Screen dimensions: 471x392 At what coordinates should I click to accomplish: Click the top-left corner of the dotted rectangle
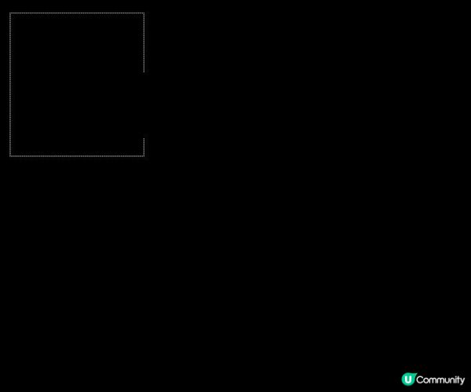coord(10,13)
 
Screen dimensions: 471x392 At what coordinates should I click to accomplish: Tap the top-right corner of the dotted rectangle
coord(144,13)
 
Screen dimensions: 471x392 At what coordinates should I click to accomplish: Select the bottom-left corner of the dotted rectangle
coord(10,156)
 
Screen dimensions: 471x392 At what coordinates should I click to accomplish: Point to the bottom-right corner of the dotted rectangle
coord(144,156)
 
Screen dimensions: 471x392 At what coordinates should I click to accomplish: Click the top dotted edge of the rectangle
coord(77,13)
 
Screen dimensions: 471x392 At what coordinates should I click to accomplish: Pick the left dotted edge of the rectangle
coord(10,85)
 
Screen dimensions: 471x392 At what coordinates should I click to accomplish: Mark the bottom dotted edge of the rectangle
coord(77,156)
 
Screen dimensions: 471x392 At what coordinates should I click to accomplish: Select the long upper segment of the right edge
coord(144,42)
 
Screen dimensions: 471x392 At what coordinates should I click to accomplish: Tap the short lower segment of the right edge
coord(144,148)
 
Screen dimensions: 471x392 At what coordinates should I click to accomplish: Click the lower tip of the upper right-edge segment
coord(144,72)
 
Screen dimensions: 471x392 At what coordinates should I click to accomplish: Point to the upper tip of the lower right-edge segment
coord(144,138)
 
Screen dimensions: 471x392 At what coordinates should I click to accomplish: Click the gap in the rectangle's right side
coord(144,105)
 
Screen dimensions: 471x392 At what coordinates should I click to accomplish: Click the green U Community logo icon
coord(409,379)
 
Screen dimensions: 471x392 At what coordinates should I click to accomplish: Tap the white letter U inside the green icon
coord(408,379)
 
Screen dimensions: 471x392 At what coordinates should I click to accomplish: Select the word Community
coord(440,380)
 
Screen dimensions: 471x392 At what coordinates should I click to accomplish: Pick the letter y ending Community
coord(462,382)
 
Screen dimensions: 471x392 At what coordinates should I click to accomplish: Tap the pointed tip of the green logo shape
coord(416,373)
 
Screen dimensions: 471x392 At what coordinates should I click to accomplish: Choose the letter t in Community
coord(457,380)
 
